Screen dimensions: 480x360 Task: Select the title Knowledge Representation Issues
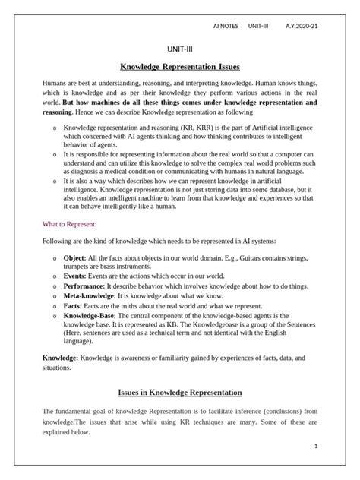pyautogui.click(x=180, y=67)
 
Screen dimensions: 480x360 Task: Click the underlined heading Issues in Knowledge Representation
pyautogui.click(x=180, y=393)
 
